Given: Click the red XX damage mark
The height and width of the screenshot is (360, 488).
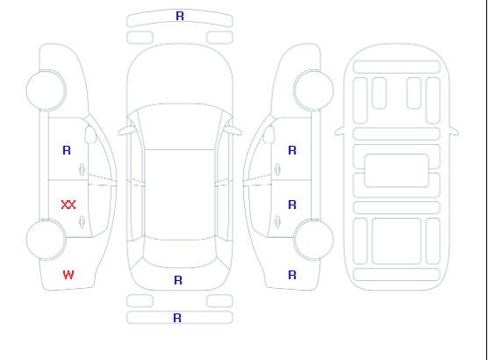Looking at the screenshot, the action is click(68, 205).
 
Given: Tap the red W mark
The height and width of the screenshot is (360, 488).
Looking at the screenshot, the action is click(68, 275).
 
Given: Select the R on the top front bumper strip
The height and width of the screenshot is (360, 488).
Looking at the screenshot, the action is click(180, 16).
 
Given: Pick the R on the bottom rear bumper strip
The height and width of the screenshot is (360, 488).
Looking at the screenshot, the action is click(177, 318).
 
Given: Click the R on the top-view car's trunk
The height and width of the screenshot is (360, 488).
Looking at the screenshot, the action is click(178, 280).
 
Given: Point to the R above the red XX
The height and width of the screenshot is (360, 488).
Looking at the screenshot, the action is click(67, 150).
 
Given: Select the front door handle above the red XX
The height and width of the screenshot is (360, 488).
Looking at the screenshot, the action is click(82, 169).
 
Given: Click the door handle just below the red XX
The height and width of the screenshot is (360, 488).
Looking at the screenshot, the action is click(82, 221).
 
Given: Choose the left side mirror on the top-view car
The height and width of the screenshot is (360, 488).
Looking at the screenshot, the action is click(126, 131).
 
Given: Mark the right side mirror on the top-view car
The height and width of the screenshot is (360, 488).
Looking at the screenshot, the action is click(234, 131).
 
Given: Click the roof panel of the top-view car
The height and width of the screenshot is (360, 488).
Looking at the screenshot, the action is click(180, 195).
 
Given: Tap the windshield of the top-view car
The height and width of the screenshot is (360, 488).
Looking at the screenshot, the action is click(180, 126).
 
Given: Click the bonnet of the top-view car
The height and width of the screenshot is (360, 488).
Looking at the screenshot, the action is click(180, 75).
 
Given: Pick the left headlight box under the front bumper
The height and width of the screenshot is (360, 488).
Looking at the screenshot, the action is click(140, 38).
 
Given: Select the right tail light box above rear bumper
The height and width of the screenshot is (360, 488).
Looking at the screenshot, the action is click(219, 301).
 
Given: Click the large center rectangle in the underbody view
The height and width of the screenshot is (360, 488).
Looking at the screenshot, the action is click(397, 170).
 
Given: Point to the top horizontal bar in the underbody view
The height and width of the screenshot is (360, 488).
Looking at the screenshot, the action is click(397, 67).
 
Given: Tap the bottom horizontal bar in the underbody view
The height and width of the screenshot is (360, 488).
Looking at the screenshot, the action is click(397, 275).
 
